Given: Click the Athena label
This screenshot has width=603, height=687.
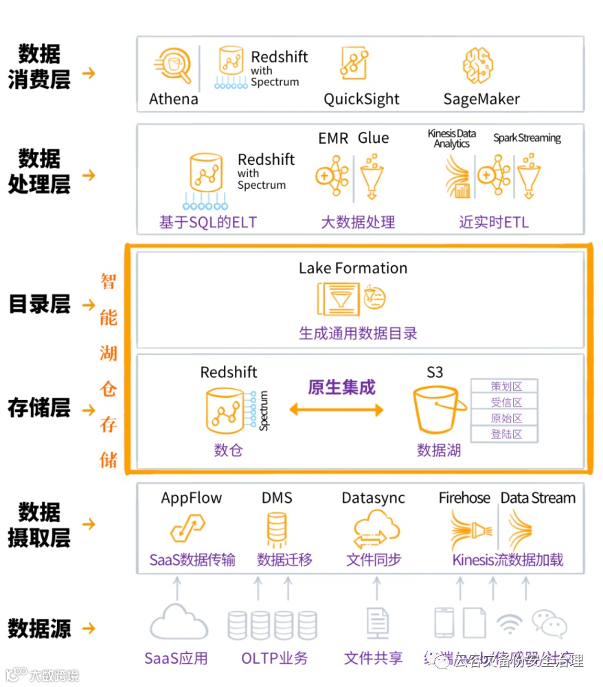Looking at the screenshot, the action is coord(173,99).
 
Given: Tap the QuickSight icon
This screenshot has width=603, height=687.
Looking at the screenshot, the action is coord(355,63).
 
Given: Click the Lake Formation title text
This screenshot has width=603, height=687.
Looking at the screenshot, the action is coord(353,268).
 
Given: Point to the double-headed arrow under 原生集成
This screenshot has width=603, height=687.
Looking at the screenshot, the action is coord(336,410).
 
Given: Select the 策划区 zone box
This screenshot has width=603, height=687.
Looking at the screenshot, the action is coord(505,387).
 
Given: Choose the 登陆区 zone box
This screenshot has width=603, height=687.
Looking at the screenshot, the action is coord(505,434).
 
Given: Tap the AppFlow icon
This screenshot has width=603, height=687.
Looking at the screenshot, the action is coord(189,530).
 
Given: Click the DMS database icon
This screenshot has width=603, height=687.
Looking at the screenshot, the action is coord(276,530).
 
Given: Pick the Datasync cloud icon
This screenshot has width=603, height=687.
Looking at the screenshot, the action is coord(376,530).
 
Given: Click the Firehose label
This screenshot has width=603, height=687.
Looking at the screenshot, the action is coord(465,498).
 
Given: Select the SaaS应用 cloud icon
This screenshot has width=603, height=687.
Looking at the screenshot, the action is coord(179,622).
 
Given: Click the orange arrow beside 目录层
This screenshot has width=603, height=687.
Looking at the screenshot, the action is coord(89,304).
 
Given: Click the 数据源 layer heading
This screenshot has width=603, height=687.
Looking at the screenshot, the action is coord(39,628).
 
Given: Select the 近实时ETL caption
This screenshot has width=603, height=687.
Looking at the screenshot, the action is coord(494,222).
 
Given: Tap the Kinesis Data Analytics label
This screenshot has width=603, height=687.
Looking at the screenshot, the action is coord(451,139).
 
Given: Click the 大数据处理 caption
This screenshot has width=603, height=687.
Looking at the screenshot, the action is coord(358,222).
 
